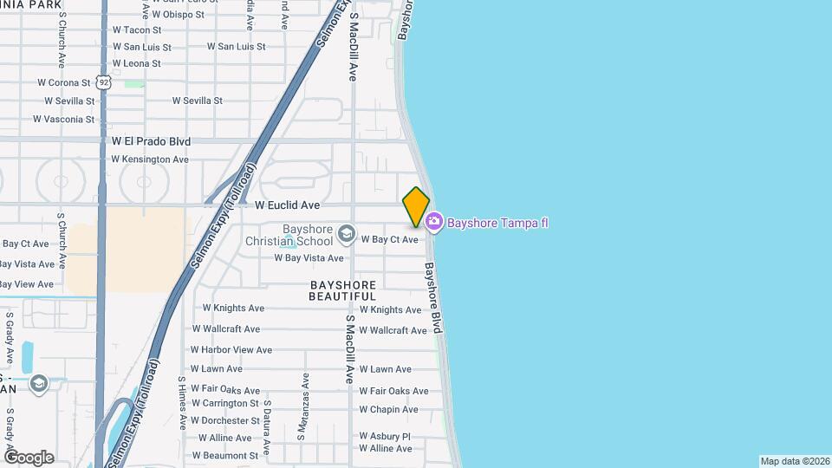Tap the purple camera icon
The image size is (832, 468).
(x=434, y=223)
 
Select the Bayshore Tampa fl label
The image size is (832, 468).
(x=497, y=223)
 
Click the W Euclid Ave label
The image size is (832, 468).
(x=288, y=205)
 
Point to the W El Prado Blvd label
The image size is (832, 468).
(x=151, y=141)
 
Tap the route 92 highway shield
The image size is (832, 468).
(x=103, y=82)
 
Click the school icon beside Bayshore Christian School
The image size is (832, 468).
(x=347, y=234)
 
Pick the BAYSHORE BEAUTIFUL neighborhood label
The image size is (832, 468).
(x=343, y=290)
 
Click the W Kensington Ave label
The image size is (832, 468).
(x=150, y=159)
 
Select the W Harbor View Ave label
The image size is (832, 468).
(x=231, y=350)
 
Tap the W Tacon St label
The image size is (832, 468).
(x=137, y=30)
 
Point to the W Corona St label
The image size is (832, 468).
(x=64, y=83)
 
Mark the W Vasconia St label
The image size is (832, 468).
(x=63, y=120)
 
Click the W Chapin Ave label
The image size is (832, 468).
(x=388, y=410)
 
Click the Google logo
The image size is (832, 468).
(x=29, y=457)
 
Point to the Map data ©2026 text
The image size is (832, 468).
(x=794, y=461)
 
